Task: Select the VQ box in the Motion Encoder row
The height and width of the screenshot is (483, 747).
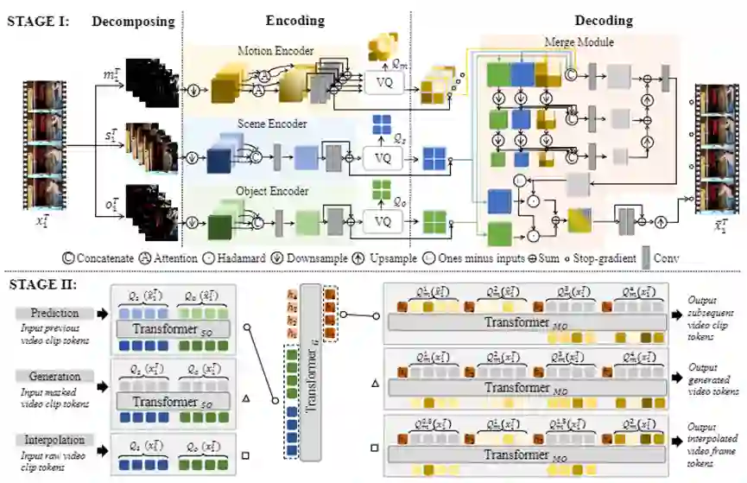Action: pos(382,82)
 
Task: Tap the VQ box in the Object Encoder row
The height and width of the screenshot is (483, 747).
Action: pos(382,220)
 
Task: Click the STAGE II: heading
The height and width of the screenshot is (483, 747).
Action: pos(41,283)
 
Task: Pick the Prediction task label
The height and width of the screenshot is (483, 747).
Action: pos(55,313)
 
